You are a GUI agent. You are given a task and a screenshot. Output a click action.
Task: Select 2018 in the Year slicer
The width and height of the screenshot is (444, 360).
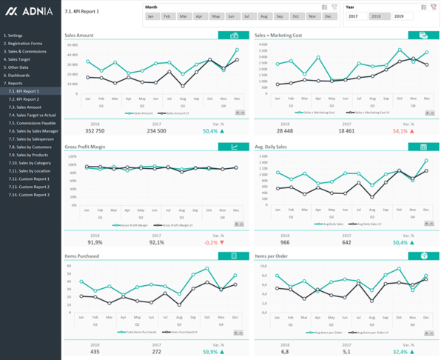click(376, 16)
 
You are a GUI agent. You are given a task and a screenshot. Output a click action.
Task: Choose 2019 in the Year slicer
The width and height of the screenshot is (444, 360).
click(400, 16)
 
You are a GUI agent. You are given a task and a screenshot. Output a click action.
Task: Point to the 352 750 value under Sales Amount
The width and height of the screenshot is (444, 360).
click(95, 130)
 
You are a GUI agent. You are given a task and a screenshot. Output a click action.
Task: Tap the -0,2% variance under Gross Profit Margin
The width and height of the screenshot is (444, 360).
click(211, 241)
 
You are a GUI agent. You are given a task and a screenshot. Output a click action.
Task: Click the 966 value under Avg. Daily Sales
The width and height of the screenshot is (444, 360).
click(284, 241)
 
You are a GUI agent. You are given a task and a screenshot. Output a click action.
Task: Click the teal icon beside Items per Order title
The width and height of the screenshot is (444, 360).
click(423, 256)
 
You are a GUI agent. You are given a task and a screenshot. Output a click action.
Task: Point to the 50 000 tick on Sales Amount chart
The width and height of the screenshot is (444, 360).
click(73, 44)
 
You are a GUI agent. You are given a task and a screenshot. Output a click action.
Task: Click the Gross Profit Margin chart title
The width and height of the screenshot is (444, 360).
click(85, 147)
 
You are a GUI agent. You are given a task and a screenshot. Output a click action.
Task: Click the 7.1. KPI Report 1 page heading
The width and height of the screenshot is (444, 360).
click(81, 13)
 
